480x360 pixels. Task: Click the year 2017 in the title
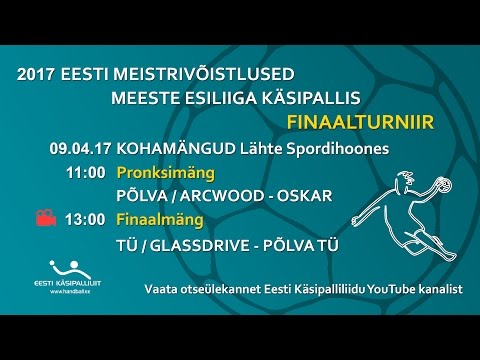40,75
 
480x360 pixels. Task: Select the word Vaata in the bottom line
162,288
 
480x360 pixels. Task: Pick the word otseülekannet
222,288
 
